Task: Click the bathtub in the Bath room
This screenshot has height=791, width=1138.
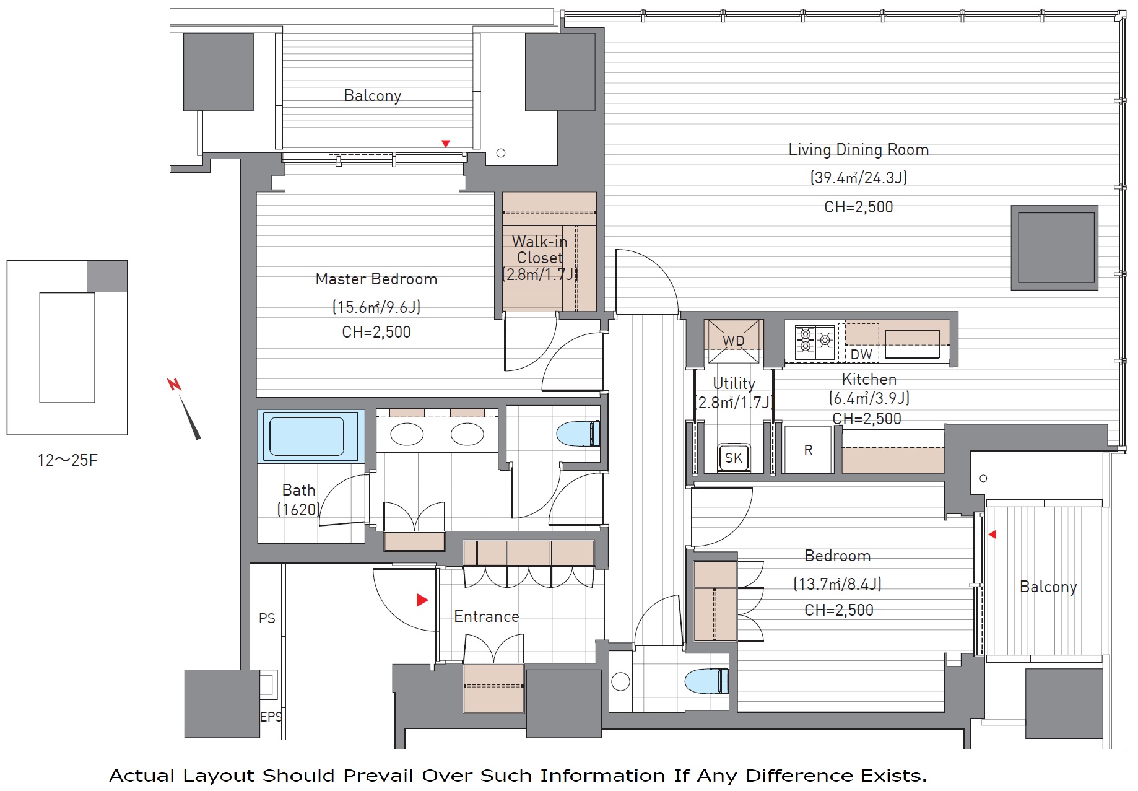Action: pos(307,436)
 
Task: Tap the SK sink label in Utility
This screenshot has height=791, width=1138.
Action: pos(734,458)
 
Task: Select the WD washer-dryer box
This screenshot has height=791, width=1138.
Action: pos(734,341)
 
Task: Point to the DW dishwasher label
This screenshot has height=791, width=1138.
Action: pos(861,354)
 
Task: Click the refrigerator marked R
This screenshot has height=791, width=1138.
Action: pos(808,450)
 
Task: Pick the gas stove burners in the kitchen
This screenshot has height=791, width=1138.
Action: pos(815,342)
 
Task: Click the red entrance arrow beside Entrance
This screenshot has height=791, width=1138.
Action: pos(423,600)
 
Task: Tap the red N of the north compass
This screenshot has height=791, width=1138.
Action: pos(174,385)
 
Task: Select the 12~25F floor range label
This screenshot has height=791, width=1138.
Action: pos(67,460)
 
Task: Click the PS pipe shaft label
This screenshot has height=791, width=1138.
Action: pos(267,618)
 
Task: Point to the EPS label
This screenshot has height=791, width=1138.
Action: pos(271,717)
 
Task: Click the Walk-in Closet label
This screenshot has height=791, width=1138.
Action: pos(539,250)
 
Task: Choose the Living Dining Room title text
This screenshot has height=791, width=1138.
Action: pos(858,149)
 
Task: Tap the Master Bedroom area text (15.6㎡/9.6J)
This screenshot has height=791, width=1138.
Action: pos(376,307)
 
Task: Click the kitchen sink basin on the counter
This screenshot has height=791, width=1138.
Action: pos(912,344)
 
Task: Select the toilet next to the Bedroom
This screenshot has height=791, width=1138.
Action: pos(706,681)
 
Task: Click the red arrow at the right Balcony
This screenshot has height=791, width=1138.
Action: pos(992,534)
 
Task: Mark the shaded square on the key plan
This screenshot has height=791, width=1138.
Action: pos(107,276)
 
